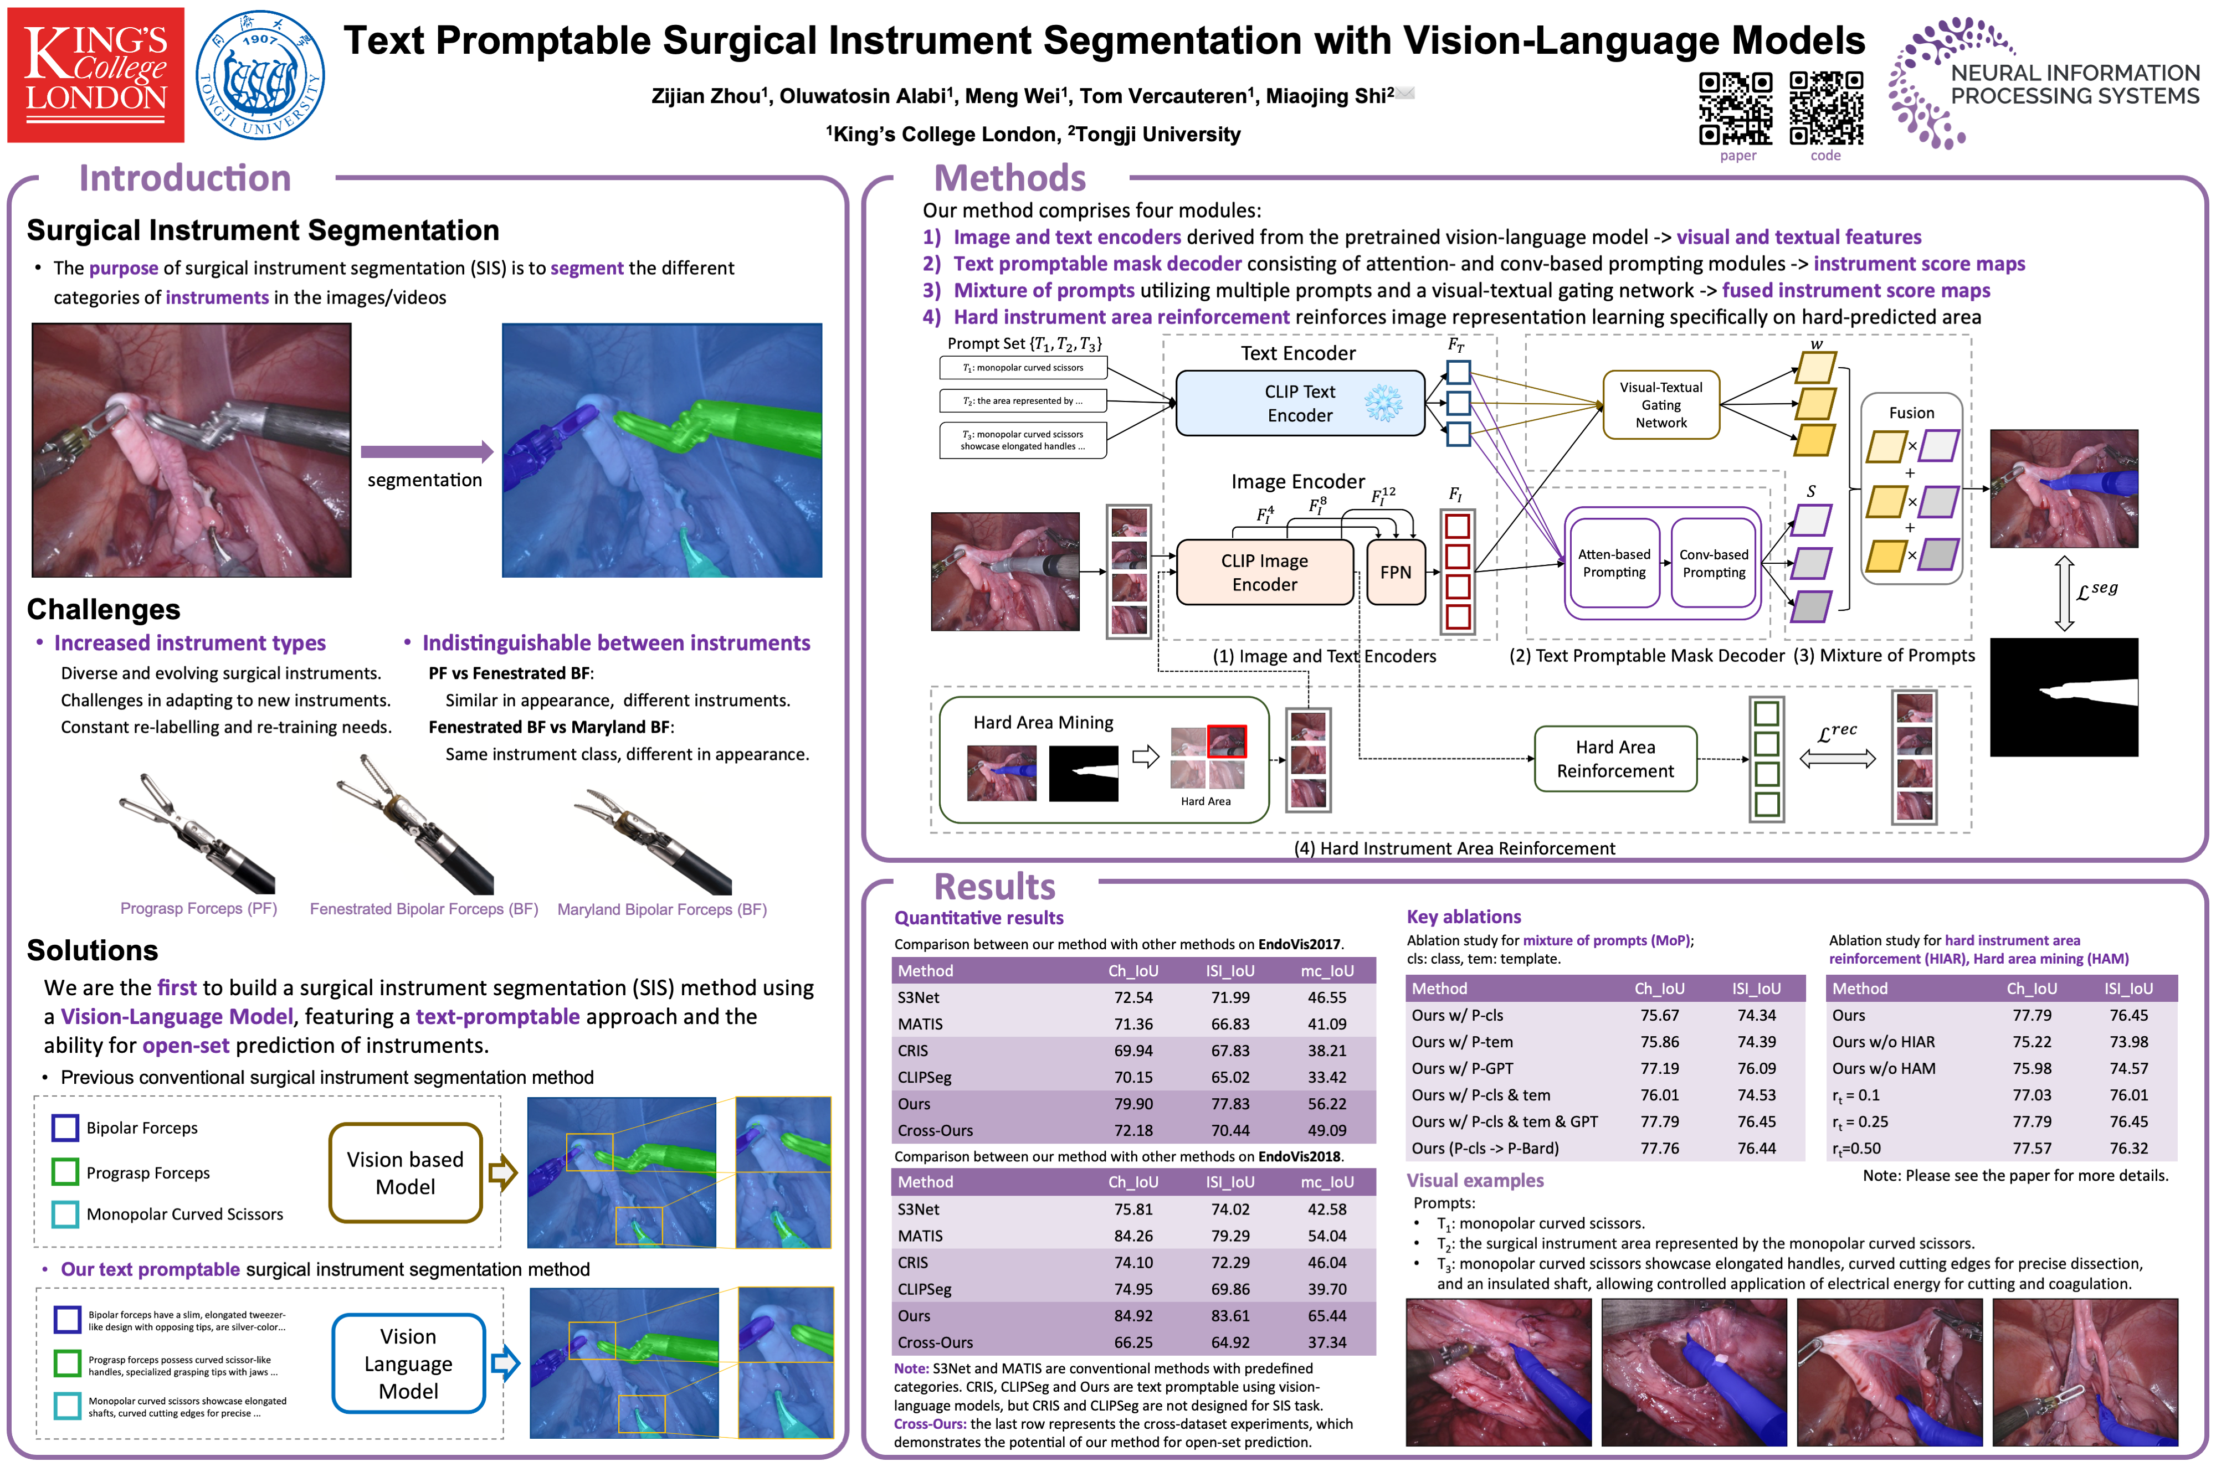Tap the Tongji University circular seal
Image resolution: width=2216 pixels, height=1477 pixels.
click(x=260, y=75)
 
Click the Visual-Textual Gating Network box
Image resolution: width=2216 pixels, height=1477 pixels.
click(x=1661, y=405)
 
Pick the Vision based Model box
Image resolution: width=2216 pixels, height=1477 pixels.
click(x=405, y=1173)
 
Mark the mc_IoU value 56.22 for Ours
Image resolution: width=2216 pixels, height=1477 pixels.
click(x=1327, y=1104)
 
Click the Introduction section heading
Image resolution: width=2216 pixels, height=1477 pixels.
click(x=184, y=178)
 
